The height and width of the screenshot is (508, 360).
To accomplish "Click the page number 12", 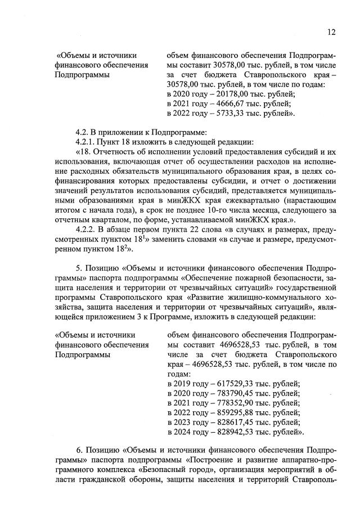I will (331, 32).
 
